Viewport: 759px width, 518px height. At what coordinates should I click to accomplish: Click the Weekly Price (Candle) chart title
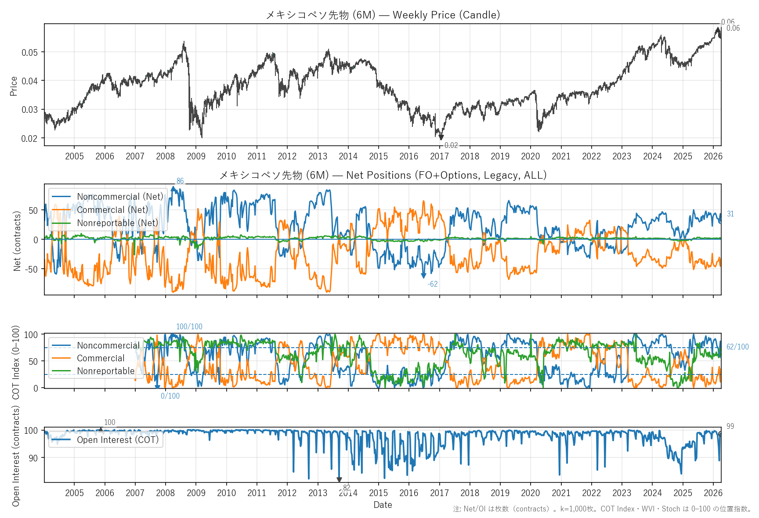pos(383,15)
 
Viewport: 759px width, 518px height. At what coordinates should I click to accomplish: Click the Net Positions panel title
pos(383,175)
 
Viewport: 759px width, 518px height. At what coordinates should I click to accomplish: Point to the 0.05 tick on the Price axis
pos(29,53)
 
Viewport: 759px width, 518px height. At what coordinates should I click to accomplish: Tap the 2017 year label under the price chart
pos(439,156)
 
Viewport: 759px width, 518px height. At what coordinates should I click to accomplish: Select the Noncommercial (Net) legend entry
pos(119,197)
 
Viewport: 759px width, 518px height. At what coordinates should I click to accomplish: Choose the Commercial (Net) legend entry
pos(112,210)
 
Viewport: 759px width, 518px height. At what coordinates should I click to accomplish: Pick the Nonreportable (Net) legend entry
pos(117,223)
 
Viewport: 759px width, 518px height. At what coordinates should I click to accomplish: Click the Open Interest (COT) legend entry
pos(118,440)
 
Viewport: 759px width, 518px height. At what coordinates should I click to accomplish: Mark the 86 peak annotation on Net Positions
pos(180,181)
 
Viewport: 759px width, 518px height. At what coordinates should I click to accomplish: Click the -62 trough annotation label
pos(433,284)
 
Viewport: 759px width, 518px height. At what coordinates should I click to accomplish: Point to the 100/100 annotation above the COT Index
pos(189,327)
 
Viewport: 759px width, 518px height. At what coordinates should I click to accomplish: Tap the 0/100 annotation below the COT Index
pos(170,396)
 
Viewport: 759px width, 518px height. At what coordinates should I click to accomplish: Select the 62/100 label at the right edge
pos(737,347)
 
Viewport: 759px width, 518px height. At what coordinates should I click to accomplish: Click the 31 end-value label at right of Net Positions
pos(730,214)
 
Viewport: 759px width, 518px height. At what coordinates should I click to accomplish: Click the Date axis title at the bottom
pos(383,505)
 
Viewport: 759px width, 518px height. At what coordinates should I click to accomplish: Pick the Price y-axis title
pos(14,86)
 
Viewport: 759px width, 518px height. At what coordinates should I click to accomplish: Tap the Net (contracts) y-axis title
pos(17,241)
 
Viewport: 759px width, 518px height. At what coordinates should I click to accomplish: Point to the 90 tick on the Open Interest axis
pos(33,458)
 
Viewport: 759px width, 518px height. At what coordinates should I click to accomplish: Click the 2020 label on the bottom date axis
pos(530,493)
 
